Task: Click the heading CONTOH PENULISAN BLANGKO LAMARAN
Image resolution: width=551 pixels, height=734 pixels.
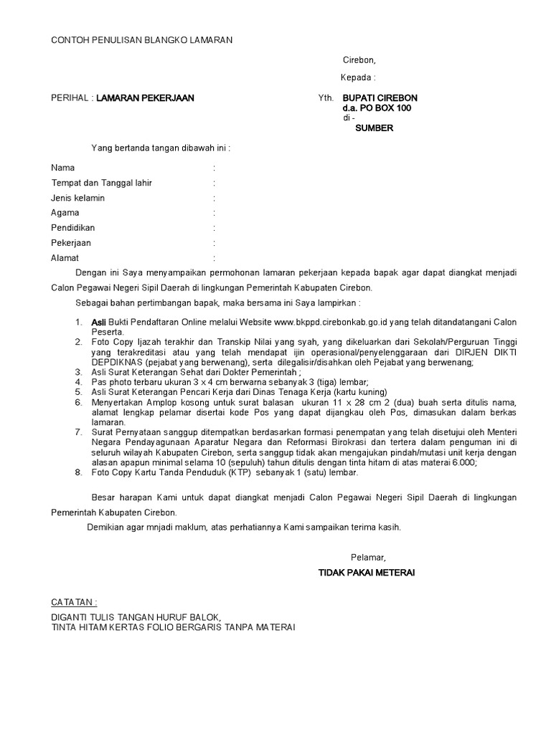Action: [141, 41]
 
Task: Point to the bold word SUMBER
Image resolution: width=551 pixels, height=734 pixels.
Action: [375, 128]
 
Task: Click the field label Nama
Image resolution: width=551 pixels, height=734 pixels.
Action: [63, 167]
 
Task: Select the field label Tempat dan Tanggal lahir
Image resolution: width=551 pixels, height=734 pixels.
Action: [101, 183]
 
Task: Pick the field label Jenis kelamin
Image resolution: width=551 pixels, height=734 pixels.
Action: [78, 198]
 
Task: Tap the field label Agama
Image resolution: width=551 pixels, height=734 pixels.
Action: [65, 213]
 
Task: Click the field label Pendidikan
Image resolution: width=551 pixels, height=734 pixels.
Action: [72, 228]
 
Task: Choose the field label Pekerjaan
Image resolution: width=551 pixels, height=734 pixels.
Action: [71, 243]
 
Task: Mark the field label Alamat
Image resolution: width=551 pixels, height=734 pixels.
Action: [65, 258]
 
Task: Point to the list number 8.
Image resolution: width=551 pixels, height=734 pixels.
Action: [78, 472]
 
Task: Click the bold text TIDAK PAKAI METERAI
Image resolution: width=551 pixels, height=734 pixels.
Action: [367, 573]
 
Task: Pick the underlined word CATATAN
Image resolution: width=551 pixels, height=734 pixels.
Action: [72, 601]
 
